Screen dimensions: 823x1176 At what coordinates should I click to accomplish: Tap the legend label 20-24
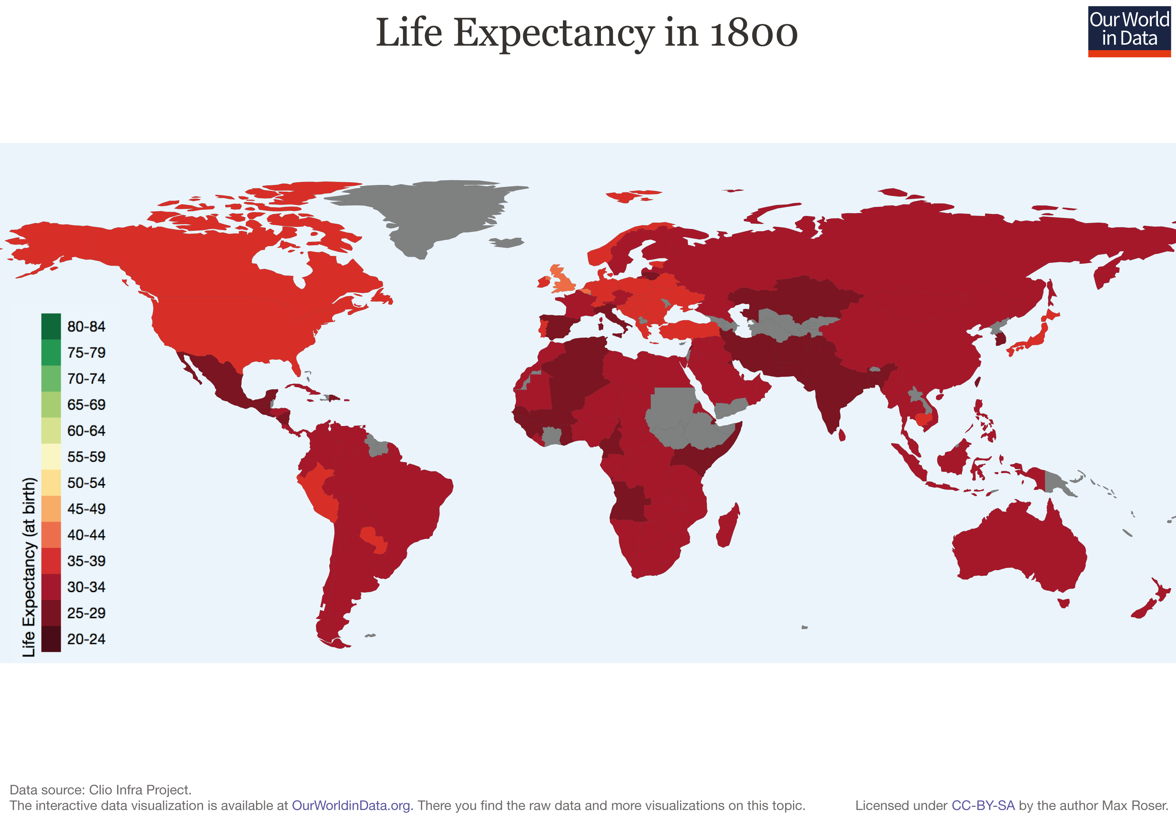tap(86, 639)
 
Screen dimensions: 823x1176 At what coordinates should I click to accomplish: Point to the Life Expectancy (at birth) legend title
tap(29, 567)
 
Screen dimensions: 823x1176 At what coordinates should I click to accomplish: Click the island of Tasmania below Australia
tap(1064, 603)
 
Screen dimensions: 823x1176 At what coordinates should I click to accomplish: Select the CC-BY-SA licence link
tap(982, 806)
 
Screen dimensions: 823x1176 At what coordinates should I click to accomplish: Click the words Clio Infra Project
tap(140, 790)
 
